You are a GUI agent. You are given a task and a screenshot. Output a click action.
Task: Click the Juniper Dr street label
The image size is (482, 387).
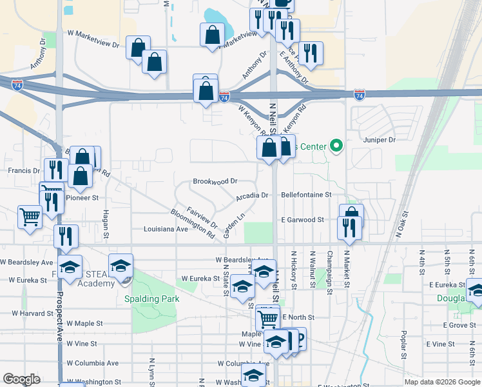click(380, 140)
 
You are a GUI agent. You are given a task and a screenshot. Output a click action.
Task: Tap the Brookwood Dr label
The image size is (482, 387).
click(216, 182)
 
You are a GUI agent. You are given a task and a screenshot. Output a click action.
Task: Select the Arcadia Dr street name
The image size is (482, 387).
click(252, 195)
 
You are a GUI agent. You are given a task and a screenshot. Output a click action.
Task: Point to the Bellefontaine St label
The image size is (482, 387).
click(306, 194)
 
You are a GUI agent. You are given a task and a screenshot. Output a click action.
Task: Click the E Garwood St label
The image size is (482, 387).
click(302, 220)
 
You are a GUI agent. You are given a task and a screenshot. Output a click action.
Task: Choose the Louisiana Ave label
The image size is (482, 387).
click(166, 229)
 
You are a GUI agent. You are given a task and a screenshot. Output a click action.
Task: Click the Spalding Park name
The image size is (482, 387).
click(152, 299)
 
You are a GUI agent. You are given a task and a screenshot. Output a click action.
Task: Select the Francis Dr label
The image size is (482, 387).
click(20, 171)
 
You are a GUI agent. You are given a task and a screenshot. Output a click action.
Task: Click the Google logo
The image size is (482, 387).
click(21, 379)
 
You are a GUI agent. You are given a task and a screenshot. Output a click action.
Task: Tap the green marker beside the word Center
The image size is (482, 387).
click(335, 146)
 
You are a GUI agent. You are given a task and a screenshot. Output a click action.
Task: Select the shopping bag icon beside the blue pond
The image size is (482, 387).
click(212, 36)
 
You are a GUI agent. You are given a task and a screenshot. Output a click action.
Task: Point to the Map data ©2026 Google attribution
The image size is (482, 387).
click(441, 382)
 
